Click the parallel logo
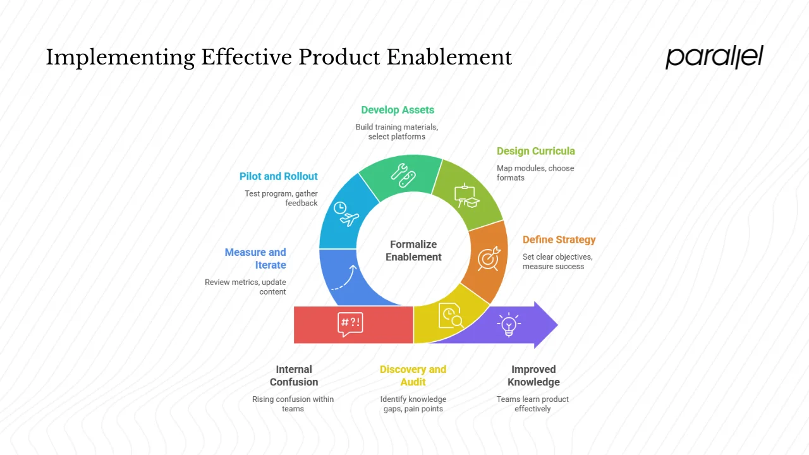[x=714, y=57]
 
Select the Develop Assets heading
[x=398, y=110]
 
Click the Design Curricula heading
[x=535, y=151]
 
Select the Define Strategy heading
[x=559, y=240]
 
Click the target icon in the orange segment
[x=489, y=258]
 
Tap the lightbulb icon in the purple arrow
[x=508, y=325]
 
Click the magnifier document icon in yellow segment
[x=451, y=315]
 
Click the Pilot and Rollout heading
[x=278, y=176]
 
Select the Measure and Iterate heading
[x=256, y=258]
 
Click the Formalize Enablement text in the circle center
[x=413, y=250]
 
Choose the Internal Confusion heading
[x=293, y=375]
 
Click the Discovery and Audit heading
[x=413, y=375]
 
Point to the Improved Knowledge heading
[x=533, y=375]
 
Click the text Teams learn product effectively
[x=532, y=404]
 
